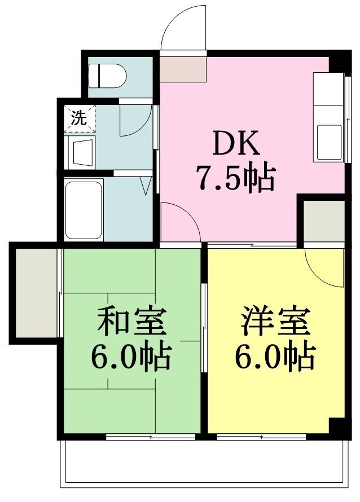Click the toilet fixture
[x=107, y=76]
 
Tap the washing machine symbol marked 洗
[x=80, y=118]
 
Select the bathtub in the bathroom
[x=84, y=210]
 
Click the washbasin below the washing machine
[x=80, y=153]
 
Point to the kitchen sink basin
[x=330, y=142]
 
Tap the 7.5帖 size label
[x=236, y=178]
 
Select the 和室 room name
[x=132, y=320]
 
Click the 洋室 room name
[x=276, y=320]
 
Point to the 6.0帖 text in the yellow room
[x=275, y=356]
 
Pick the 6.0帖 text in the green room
[x=131, y=356]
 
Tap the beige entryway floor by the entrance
[x=183, y=69]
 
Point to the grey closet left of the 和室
[x=36, y=293]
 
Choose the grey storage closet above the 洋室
[x=324, y=221]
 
